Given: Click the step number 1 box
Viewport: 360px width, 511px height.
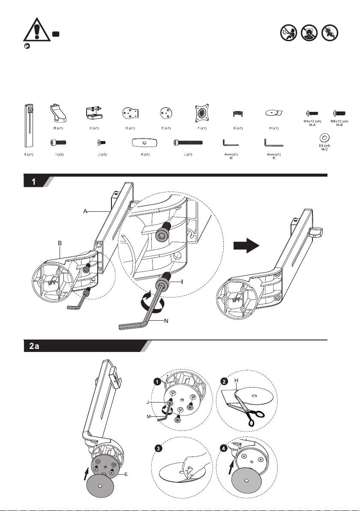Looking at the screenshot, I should [x=33, y=182].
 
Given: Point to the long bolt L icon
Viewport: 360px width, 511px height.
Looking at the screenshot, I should [x=188, y=142].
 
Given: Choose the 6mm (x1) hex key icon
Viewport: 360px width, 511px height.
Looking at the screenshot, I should [x=271, y=142].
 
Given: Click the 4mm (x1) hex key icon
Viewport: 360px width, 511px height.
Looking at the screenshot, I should [x=231, y=142].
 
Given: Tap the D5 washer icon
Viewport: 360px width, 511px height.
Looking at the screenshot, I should [x=324, y=138].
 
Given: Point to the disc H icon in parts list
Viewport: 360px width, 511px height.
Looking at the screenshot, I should [x=273, y=113].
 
